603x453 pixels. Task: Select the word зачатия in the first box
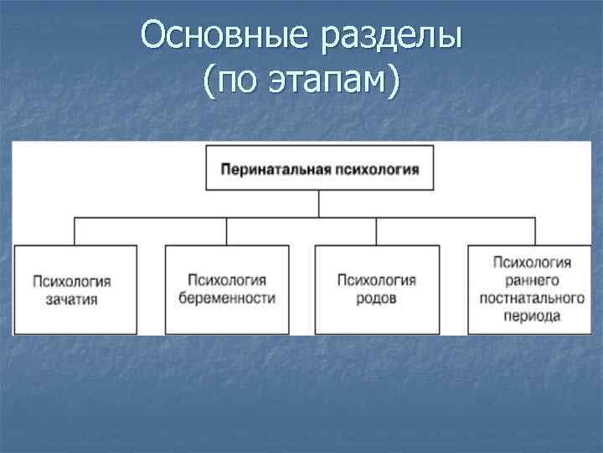tap(74, 299)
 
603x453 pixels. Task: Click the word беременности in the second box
tap(226, 299)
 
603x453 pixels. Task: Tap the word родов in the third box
tap(376, 299)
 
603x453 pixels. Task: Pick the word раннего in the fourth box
tap(532, 280)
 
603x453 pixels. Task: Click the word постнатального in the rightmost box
tap(532, 299)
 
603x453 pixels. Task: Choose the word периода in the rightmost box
tap(532, 317)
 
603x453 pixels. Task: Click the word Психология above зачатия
tap(74, 280)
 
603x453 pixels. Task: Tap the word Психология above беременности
tap(226, 280)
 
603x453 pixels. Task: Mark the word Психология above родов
tap(376, 280)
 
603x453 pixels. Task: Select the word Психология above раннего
tap(532, 263)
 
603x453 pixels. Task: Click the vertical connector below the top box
tap(319, 204)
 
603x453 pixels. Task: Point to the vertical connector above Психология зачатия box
tap(75, 232)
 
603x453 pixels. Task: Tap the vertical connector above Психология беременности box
tap(226, 232)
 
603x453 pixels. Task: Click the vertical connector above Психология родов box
tap(377, 232)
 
